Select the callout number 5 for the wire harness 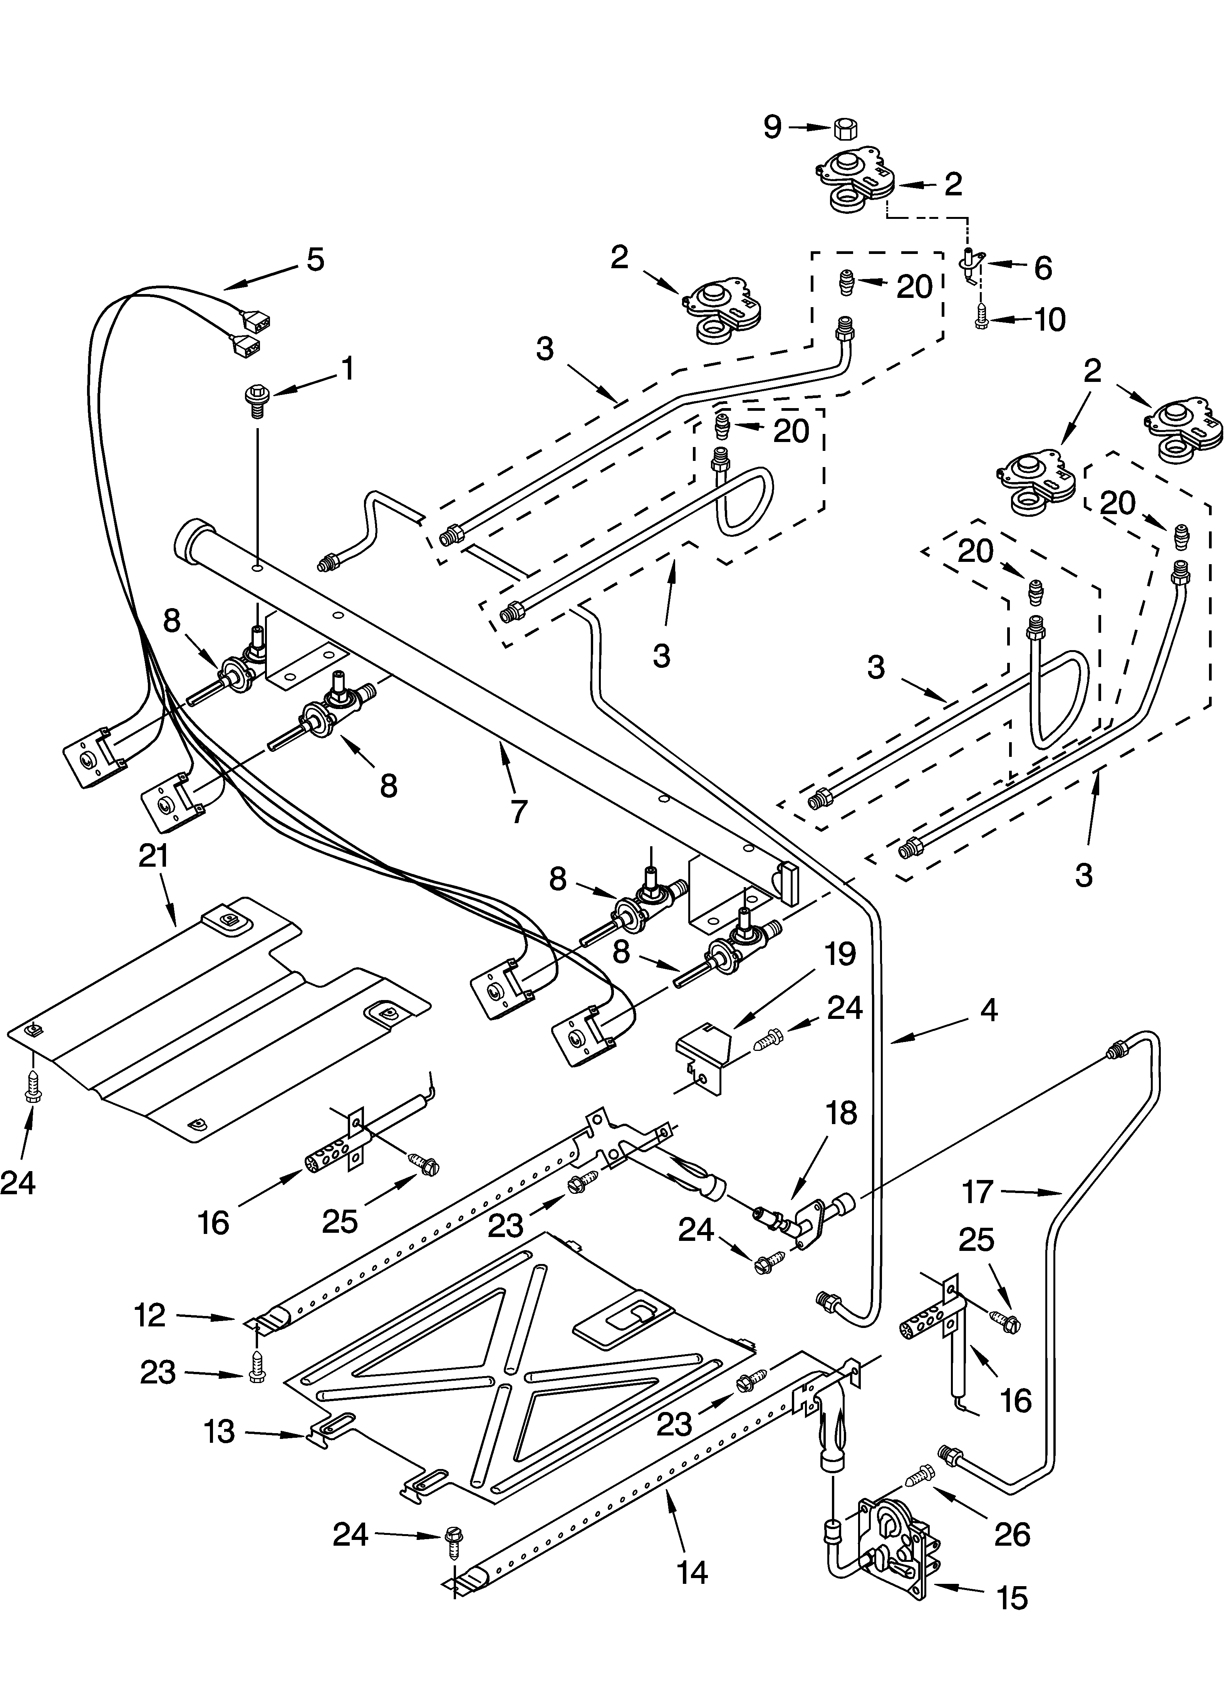315,259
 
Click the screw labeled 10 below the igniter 981,321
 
